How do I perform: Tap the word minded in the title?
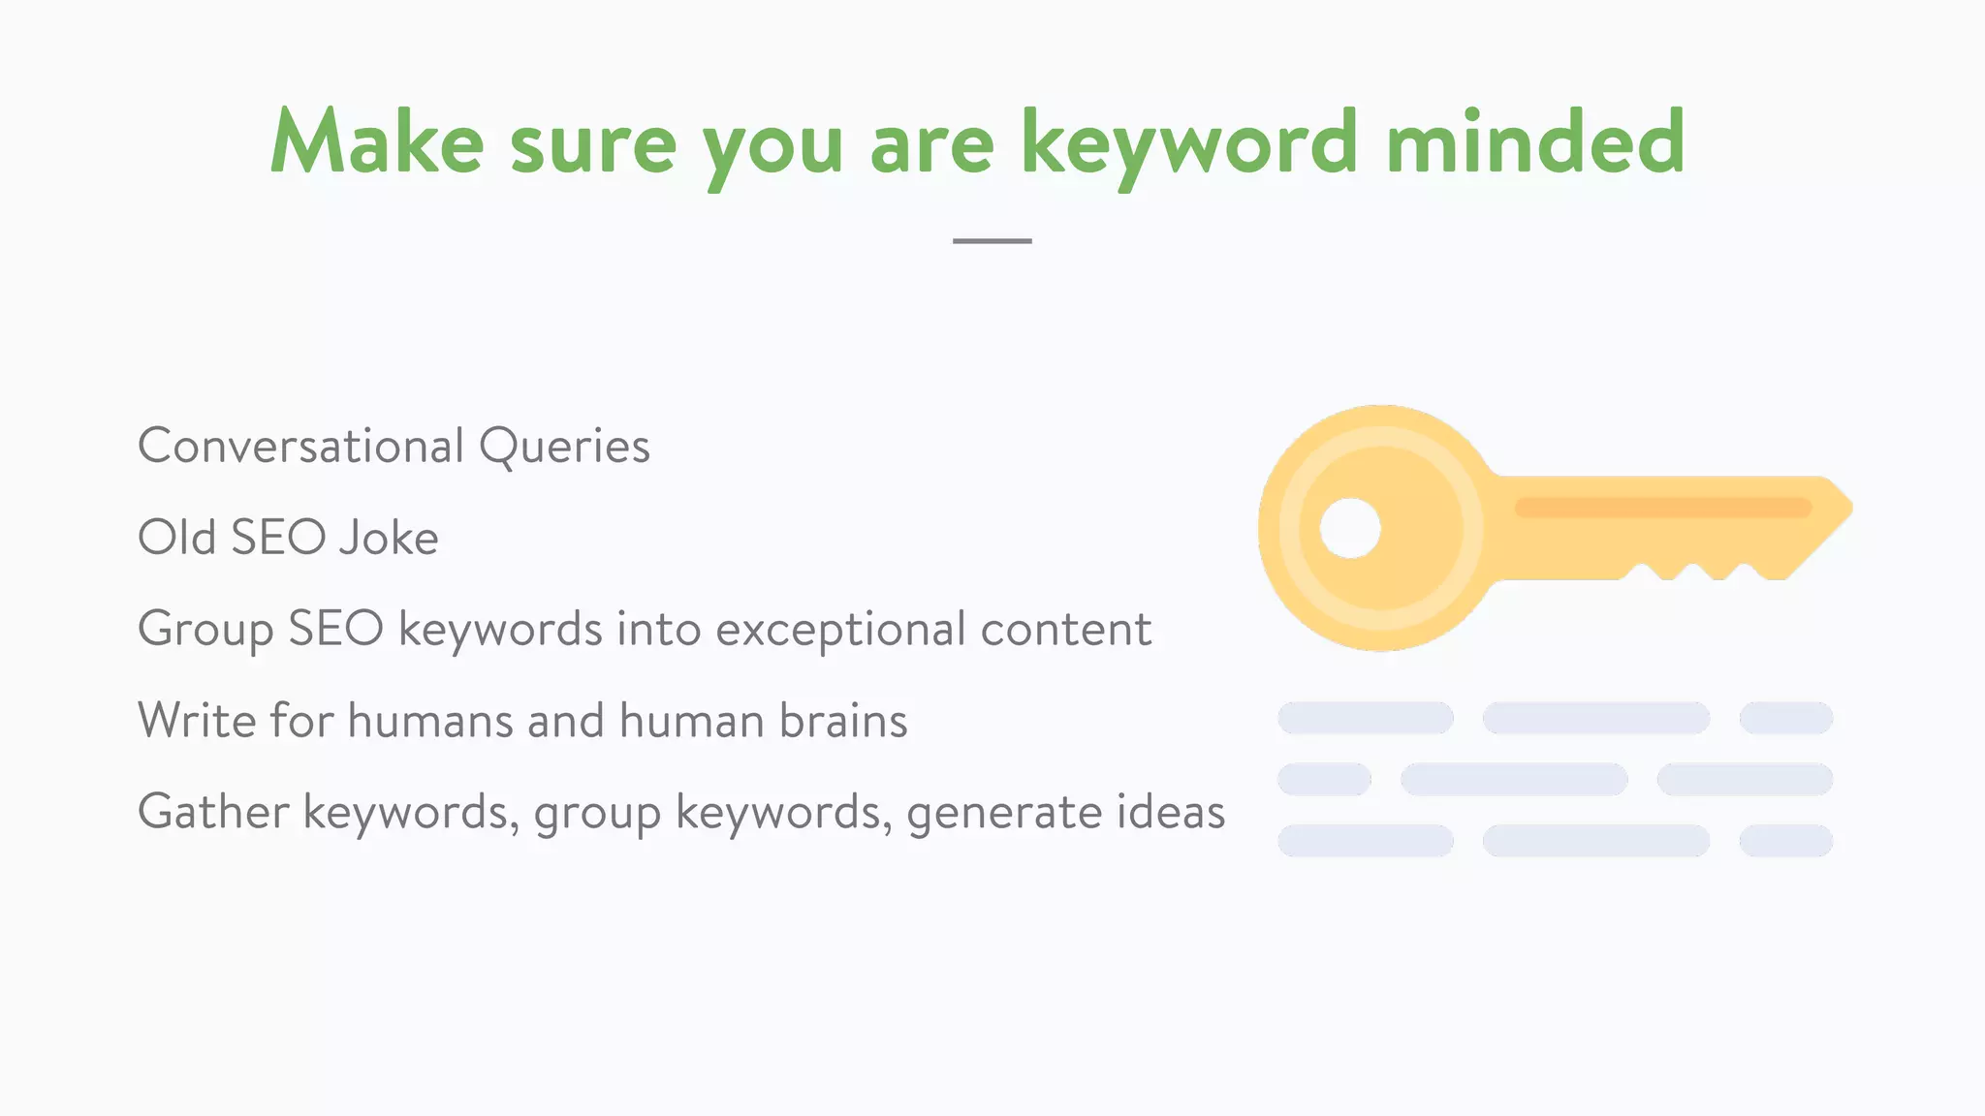coord(1535,143)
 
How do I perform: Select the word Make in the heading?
coord(377,143)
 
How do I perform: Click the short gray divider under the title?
coord(992,240)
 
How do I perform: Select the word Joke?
coord(389,538)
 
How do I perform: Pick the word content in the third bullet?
coord(1065,630)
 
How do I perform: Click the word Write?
coord(197,721)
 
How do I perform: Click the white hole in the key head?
coord(1350,529)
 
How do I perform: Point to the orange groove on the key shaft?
coord(1662,508)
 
